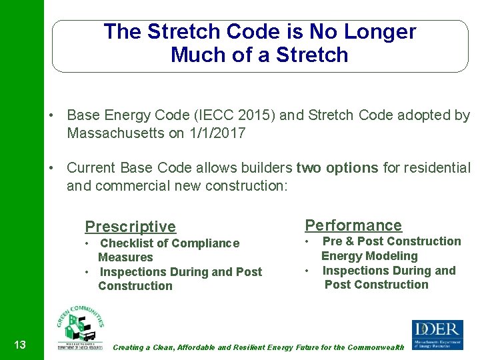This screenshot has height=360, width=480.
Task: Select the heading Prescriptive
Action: (130, 227)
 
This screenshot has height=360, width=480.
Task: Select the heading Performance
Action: (353, 225)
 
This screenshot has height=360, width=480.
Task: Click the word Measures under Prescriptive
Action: (125, 257)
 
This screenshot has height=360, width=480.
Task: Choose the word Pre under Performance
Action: (332, 241)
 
